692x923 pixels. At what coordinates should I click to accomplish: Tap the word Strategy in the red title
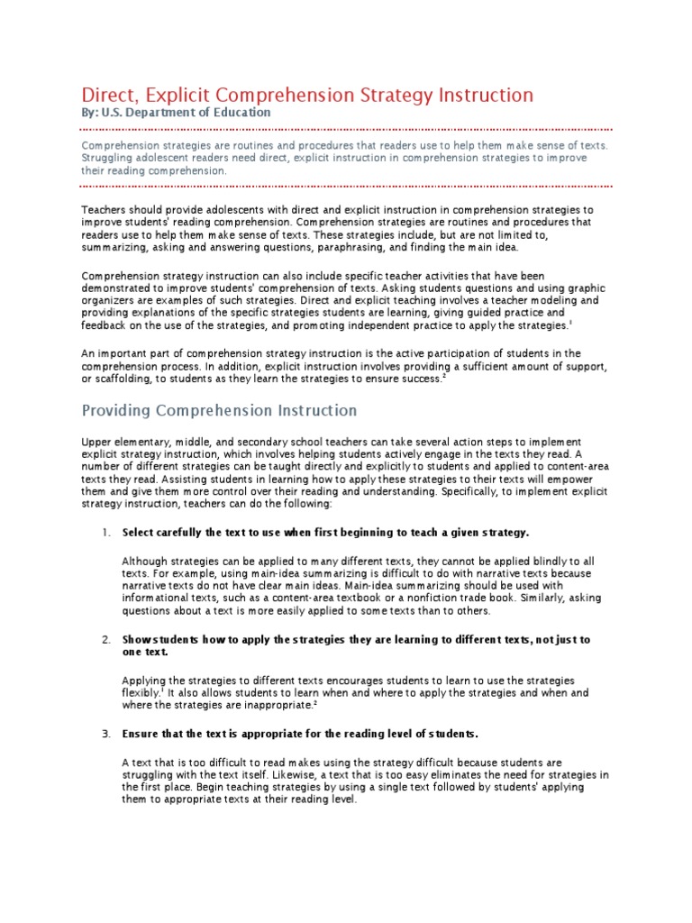click(x=396, y=95)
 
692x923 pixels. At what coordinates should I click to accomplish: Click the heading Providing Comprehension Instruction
click(x=220, y=410)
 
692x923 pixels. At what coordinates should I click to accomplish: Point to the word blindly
click(x=537, y=561)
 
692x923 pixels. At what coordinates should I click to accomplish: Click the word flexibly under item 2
click(x=141, y=692)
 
